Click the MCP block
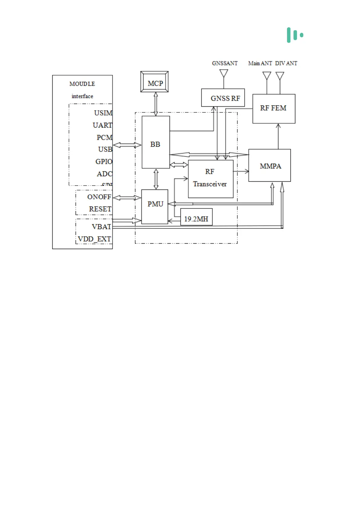pos(154,82)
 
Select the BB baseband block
pos(156,142)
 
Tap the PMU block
pos(155,206)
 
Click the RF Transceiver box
pos(211,179)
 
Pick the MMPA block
pos(270,165)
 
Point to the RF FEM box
pos(274,109)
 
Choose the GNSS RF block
pos(223,98)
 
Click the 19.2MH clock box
pos(196,217)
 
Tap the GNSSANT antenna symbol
pos(224,73)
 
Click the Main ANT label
pos(260,63)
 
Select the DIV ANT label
pos(286,63)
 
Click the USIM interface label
pos(103,113)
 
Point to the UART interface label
pos(102,125)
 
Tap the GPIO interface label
pos(104,162)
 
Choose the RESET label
pos(100,209)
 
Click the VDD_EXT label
pos(94,239)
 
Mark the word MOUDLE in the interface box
pos(82,84)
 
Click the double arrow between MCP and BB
pos(156,104)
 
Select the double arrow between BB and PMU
pos(156,179)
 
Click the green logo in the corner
pos(295,35)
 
